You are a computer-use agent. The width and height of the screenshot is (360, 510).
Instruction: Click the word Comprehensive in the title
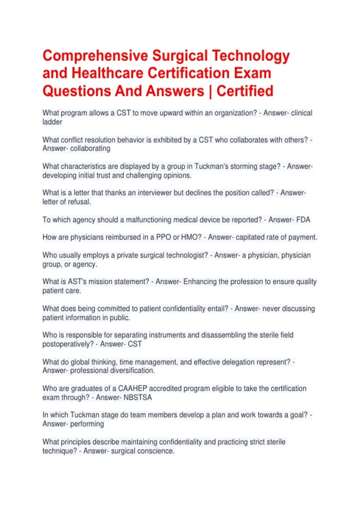95,56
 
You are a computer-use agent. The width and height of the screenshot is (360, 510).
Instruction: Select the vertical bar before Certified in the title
210,91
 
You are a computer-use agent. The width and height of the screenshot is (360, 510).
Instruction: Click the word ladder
52,122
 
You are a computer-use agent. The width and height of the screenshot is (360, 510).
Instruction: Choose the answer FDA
303,220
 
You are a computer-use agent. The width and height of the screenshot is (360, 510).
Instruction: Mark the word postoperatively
68,344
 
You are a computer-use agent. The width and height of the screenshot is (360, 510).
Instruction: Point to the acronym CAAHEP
132,388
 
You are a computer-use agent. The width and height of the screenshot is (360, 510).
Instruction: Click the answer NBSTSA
138,397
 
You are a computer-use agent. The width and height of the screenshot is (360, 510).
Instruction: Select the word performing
87,424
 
